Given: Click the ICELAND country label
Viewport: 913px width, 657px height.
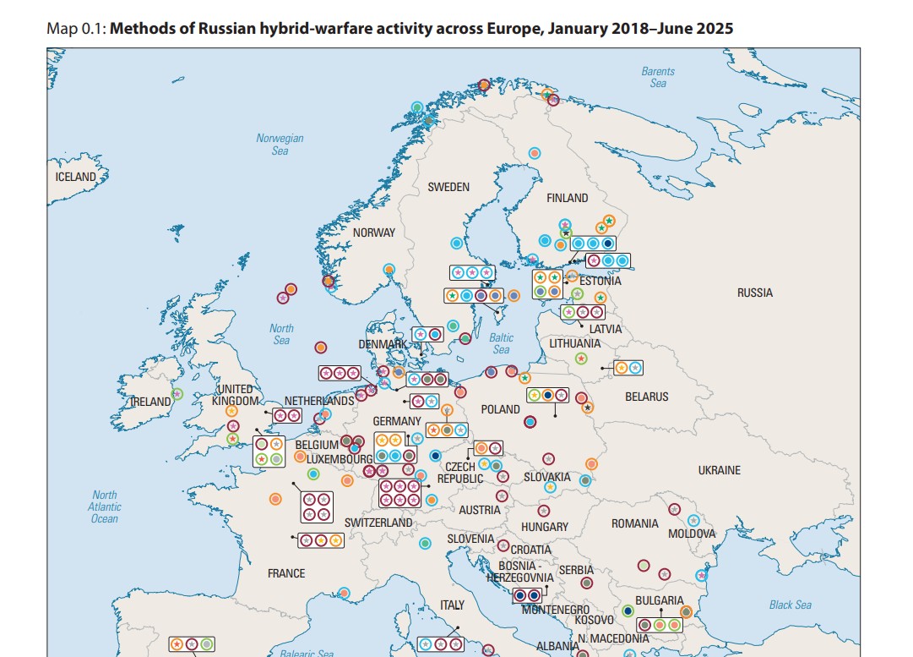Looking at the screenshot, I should (x=76, y=178).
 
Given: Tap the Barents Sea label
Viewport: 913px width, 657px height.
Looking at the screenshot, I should (x=658, y=77).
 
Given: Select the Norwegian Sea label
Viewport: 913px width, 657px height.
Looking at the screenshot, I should (x=280, y=145).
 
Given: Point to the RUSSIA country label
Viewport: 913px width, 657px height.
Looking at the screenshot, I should (x=754, y=293).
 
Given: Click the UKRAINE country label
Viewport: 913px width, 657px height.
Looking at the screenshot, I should (x=719, y=470).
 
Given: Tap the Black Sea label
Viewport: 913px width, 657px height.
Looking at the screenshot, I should (x=790, y=605).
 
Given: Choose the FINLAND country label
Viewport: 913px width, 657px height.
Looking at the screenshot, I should (x=567, y=198).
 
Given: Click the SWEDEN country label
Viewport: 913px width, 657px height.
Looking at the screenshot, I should (x=448, y=187).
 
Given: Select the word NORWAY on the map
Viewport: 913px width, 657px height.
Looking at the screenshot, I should (x=373, y=233).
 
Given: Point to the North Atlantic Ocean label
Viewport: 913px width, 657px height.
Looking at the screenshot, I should (x=105, y=506).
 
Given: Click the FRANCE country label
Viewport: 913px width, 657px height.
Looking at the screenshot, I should (x=286, y=573).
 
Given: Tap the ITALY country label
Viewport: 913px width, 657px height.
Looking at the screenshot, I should (x=452, y=605).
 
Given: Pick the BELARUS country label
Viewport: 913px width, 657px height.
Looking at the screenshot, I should (x=646, y=397).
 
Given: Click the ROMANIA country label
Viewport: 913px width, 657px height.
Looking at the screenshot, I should (x=634, y=524).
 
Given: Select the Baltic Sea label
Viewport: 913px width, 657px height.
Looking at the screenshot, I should (x=501, y=343).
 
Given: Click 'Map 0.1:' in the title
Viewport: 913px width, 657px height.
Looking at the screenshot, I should (x=77, y=29).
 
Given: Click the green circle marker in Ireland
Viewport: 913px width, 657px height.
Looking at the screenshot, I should (x=177, y=393).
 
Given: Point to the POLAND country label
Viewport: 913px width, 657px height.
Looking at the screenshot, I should (x=500, y=409).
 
